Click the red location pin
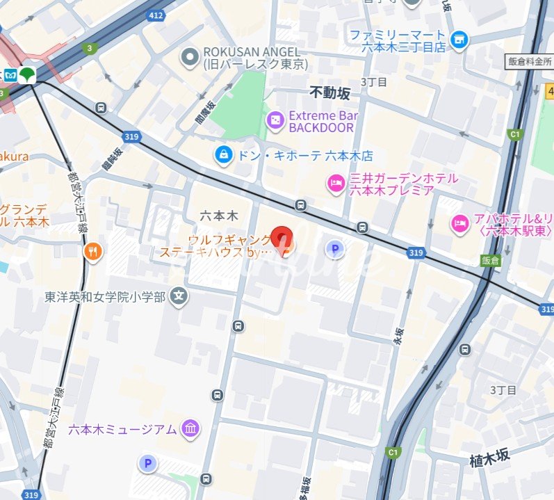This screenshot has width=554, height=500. (281, 239)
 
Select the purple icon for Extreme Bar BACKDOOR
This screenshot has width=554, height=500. (275, 121)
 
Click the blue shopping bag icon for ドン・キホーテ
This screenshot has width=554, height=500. (224, 155)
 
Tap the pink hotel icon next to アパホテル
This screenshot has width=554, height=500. (459, 223)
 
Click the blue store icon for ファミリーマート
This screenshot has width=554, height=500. (458, 40)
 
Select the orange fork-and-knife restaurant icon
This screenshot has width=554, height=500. (93, 251)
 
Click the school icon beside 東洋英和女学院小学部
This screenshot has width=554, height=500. (179, 296)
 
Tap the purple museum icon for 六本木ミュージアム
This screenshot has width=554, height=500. (189, 429)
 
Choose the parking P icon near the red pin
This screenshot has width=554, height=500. (335, 248)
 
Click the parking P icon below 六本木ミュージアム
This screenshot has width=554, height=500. (147, 462)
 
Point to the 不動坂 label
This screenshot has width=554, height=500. (330, 92)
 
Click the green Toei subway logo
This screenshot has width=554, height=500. (28, 74)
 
